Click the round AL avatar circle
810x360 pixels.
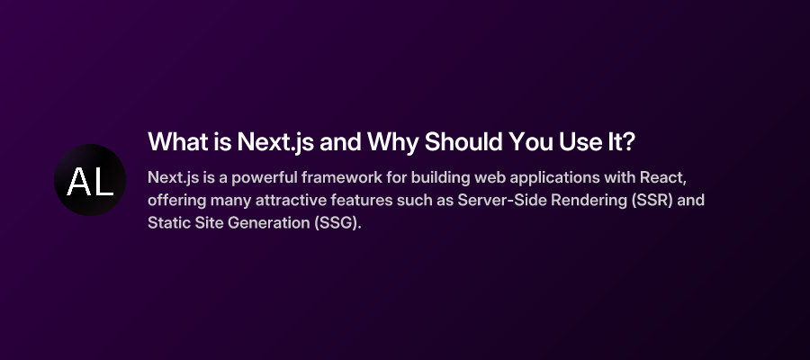tap(90, 180)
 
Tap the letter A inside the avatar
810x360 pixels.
tap(77, 182)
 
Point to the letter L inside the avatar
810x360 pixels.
tap(103, 182)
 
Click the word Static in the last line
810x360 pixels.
tap(168, 222)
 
